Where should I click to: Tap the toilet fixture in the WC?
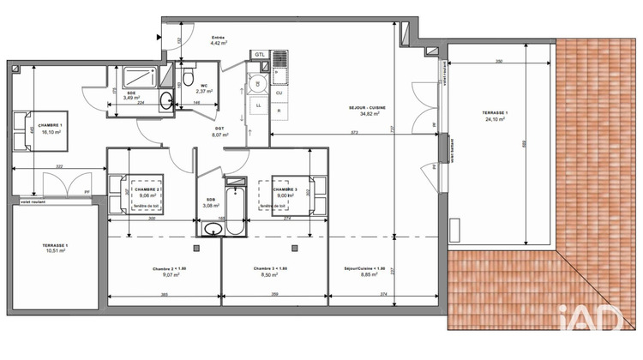(186, 79)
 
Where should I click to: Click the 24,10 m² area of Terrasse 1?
(491, 121)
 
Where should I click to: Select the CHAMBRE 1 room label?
(44, 125)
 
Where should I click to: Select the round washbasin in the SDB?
(212, 228)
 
